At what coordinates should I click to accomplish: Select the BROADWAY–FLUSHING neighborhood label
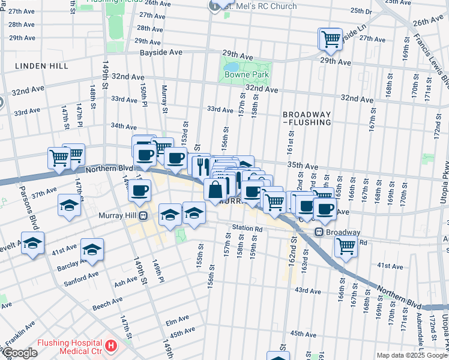[307, 118]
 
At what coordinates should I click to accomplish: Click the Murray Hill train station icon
[143, 215]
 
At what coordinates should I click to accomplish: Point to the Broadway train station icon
[320, 232]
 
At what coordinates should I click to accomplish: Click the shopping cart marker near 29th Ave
[330, 39]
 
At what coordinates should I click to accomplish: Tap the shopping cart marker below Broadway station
[346, 245]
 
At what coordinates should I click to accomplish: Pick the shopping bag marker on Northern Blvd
[215, 190]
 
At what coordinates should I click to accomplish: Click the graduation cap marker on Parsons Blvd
[32, 243]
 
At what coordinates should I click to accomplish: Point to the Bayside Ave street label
[161, 53]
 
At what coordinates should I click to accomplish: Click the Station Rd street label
[247, 229]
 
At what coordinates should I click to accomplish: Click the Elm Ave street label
[178, 318]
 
